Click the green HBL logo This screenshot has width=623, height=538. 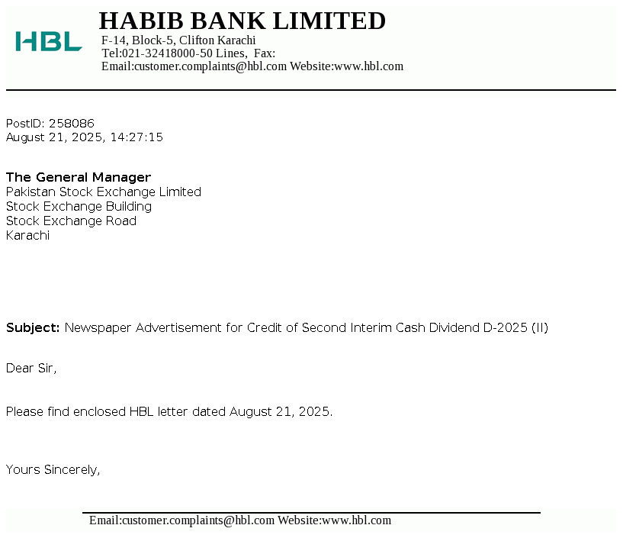click(x=48, y=41)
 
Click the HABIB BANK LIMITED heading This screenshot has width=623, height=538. click(x=242, y=21)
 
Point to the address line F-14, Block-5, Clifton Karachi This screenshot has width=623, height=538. click(x=178, y=40)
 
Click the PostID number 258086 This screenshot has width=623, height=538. click(x=72, y=123)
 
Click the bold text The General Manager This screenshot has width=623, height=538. click(x=79, y=177)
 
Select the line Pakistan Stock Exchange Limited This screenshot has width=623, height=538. click(x=104, y=192)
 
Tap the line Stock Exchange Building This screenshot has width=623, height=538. click(x=79, y=206)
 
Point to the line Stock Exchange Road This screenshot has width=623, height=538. click(x=71, y=221)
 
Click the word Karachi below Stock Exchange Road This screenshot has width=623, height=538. click(x=27, y=235)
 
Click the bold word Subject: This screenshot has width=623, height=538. click(x=33, y=328)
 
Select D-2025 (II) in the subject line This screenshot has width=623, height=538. click(x=515, y=328)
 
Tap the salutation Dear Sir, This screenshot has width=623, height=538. click(x=31, y=369)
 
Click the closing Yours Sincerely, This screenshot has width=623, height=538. click(x=53, y=469)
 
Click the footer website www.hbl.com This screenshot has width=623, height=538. click(x=356, y=520)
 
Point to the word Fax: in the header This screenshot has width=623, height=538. click(x=264, y=53)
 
